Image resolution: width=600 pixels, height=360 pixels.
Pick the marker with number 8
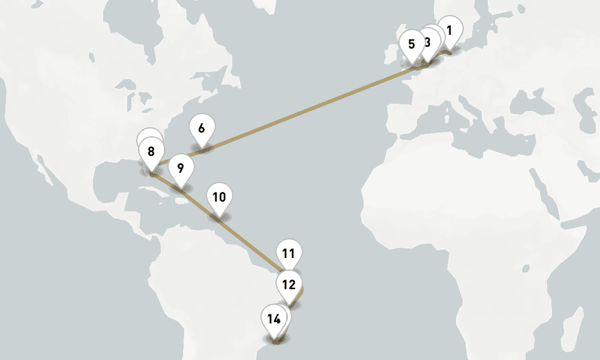click(151, 151)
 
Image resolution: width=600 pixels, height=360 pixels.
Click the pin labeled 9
click(181, 168)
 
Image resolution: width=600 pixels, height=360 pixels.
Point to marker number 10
click(219, 197)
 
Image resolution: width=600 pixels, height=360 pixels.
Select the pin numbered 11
click(289, 253)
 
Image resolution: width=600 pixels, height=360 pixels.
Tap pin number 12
click(289, 284)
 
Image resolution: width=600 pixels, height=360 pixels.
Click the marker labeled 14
click(274, 319)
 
